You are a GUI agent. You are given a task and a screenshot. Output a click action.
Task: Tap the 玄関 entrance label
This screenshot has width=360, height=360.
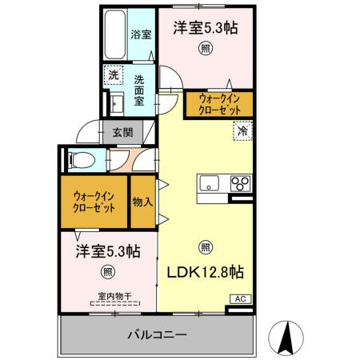122,132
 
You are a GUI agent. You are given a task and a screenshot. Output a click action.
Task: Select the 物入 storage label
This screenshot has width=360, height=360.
142,202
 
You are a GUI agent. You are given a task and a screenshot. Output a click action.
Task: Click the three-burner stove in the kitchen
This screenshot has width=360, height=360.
239,184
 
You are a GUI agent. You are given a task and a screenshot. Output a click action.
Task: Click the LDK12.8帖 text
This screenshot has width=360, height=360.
205,272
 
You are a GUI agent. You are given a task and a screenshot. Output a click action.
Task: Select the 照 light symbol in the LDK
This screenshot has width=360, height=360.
205,246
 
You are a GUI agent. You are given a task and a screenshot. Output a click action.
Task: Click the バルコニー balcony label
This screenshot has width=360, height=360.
158,334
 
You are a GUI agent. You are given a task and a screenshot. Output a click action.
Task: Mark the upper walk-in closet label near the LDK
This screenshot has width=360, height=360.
217,104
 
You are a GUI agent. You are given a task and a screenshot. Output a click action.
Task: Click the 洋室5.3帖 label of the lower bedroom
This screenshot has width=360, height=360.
109,250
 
